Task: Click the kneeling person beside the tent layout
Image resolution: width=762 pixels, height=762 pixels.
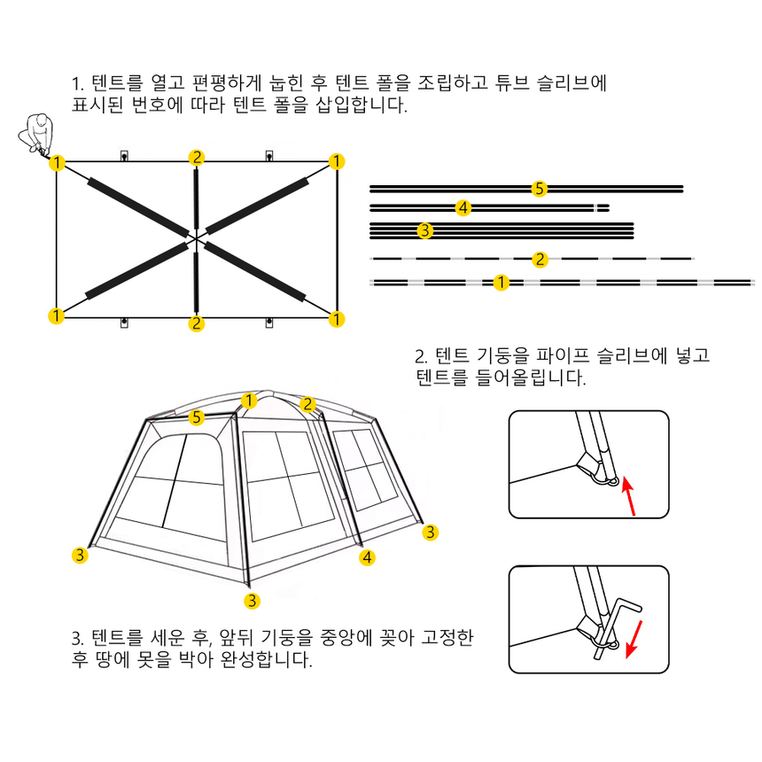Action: pyautogui.click(x=36, y=134)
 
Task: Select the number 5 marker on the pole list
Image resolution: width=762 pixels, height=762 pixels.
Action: pyautogui.click(x=539, y=189)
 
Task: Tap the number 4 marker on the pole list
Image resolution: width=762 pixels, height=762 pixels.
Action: pyautogui.click(x=463, y=208)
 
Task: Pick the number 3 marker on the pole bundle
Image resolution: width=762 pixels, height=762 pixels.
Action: pyautogui.click(x=425, y=230)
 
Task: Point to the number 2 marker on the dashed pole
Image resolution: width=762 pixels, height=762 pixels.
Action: pyautogui.click(x=540, y=259)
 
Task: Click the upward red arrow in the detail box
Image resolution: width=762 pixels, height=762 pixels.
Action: pyautogui.click(x=628, y=495)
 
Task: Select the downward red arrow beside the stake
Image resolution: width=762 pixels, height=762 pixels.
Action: pyautogui.click(x=634, y=639)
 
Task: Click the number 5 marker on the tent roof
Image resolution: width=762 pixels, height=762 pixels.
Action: pyautogui.click(x=197, y=417)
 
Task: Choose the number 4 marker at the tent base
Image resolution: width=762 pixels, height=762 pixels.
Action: pyautogui.click(x=367, y=557)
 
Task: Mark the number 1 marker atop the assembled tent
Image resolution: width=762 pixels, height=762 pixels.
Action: pyautogui.click(x=249, y=400)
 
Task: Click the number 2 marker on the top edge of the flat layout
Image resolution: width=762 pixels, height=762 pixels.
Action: pyautogui.click(x=197, y=157)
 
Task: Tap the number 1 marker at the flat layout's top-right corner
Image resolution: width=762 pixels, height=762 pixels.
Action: pyautogui.click(x=337, y=161)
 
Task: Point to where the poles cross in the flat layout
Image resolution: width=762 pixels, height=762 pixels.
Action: pyautogui.click(x=196, y=238)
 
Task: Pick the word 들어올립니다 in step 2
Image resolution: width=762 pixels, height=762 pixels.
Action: pyautogui.click(x=531, y=377)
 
